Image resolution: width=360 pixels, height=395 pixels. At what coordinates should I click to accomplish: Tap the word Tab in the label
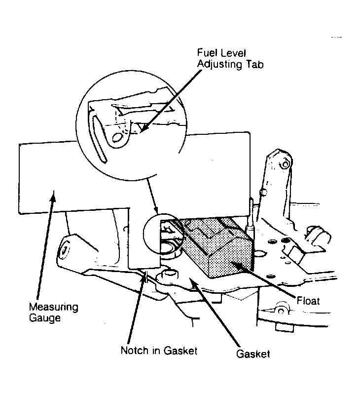pos(255,65)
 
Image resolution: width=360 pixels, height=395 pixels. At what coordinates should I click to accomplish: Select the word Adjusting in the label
pos(219,65)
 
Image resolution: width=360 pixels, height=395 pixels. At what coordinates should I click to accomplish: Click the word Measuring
pos(54,307)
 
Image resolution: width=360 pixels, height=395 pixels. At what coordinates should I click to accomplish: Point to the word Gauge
pos(45,317)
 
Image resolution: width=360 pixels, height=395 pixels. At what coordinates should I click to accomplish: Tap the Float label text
pos(308,301)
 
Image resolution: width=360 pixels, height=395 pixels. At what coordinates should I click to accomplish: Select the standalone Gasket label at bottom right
pos(253,354)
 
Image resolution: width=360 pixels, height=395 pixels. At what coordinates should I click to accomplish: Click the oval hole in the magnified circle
pos(117,137)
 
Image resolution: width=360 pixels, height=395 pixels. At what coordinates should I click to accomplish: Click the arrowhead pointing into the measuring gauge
pos(53,195)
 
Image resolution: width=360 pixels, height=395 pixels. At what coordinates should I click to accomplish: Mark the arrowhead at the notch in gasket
pos(145,276)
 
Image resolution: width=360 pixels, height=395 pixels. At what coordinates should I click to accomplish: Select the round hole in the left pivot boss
pos(65,250)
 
